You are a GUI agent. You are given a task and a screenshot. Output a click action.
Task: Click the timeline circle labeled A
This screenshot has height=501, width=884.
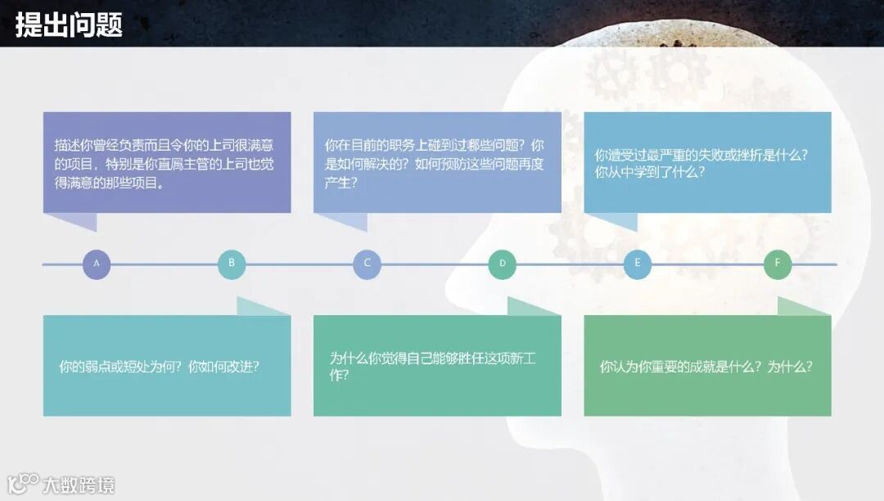pyautogui.click(x=97, y=264)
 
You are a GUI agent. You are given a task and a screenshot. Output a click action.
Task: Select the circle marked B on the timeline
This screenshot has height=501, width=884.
pyautogui.click(x=232, y=264)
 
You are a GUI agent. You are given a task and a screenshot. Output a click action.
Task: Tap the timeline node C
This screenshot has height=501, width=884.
pyautogui.click(x=367, y=264)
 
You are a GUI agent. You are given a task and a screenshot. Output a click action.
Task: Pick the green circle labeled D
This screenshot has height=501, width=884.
pyautogui.click(x=503, y=264)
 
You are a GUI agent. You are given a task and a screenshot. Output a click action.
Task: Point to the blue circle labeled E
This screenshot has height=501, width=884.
pyautogui.click(x=638, y=264)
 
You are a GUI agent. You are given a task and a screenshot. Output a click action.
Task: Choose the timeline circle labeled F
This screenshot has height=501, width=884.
pyautogui.click(x=778, y=264)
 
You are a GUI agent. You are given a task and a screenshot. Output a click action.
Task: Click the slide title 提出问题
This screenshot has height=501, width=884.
pyautogui.click(x=69, y=25)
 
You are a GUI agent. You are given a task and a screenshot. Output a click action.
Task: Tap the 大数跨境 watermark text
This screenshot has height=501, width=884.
pyautogui.click(x=79, y=485)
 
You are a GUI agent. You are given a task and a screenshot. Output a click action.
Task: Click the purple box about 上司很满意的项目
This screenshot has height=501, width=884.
pyautogui.click(x=167, y=162)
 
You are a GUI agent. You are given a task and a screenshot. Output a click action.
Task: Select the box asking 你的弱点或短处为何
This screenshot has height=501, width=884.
pyautogui.click(x=167, y=366)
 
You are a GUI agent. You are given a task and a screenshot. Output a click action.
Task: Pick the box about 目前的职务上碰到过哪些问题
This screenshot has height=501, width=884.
pyautogui.click(x=437, y=162)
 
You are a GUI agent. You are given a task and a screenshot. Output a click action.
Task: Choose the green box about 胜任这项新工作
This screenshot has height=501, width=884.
pyautogui.click(x=437, y=366)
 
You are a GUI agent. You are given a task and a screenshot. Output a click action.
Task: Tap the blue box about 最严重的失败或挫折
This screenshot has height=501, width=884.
pyautogui.click(x=707, y=162)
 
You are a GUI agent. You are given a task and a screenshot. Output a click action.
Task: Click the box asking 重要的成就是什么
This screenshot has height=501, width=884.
pyautogui.click(x=707, y=366)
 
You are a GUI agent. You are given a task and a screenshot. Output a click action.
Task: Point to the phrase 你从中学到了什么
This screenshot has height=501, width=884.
pyautogui.click(x=651, y=174)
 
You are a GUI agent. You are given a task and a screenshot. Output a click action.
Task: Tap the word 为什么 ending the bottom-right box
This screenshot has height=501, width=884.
pyautogui.click(x=790, y=367)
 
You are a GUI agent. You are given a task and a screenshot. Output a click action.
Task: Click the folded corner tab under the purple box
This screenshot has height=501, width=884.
pyautogui.click(x=72, y=221)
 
